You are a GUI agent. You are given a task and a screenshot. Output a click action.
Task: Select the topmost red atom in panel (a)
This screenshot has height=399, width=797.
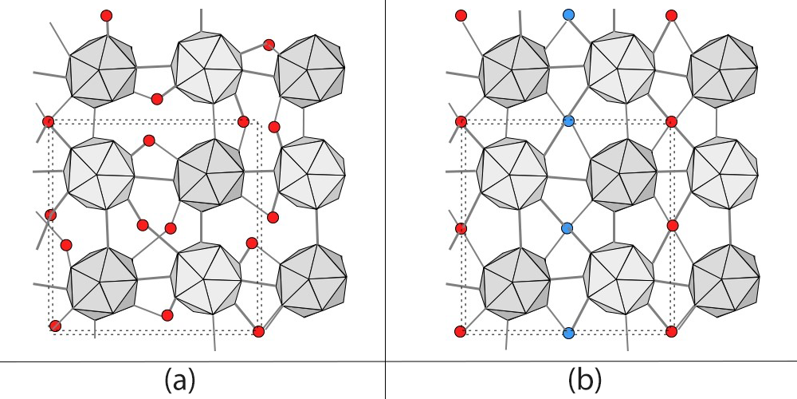107,15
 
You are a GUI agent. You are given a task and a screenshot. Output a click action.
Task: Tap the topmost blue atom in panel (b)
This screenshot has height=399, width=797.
568,14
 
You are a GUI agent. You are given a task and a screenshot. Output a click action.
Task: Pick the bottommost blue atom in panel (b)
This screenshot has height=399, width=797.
568,333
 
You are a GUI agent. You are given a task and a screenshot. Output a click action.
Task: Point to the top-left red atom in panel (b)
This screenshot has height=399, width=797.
461,15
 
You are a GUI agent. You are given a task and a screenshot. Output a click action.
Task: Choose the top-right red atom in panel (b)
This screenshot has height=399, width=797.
671,15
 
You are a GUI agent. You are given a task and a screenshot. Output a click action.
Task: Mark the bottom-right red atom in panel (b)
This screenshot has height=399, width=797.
671,331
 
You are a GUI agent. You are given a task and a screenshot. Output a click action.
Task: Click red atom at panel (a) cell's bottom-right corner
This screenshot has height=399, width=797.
258,331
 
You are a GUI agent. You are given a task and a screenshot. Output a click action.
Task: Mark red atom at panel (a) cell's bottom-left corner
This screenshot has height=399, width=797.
55,326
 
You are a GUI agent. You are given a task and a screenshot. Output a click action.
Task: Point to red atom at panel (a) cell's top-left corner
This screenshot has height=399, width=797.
48,121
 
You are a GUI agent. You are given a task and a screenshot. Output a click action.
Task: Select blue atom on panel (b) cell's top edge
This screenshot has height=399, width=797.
568,121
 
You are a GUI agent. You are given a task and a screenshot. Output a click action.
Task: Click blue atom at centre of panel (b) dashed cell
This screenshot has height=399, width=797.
568,228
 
